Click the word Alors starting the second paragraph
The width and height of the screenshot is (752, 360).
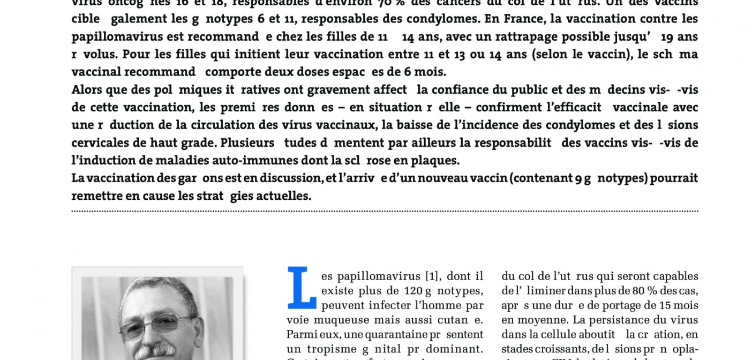tap(87, 89)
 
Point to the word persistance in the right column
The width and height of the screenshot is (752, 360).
tap(619, 320)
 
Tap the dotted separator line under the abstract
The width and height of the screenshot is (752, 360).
tap(385, 212)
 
